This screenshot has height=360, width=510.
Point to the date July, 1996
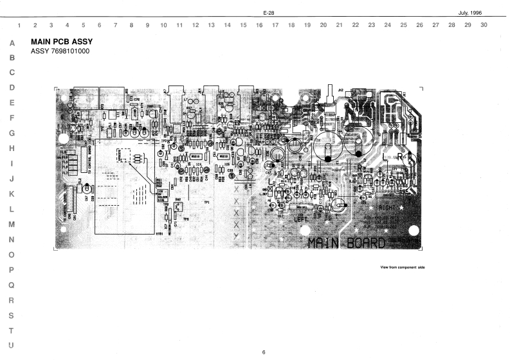pos(469,13)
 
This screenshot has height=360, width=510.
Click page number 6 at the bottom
pos(264,352)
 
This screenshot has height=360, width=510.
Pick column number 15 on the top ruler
pos(243,26)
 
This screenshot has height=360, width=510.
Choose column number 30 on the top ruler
pos(484,26)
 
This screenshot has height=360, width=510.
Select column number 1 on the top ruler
pos(19,26)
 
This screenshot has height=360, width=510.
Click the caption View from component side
pos(403,267)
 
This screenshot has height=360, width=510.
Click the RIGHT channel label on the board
pos(388,208)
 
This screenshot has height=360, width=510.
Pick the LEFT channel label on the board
pos(302,220)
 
